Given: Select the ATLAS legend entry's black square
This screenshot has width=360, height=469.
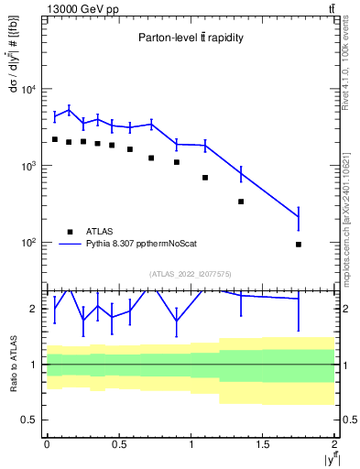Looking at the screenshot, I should pos(70,232).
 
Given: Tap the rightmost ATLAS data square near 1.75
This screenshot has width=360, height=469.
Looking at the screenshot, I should pos(299,245).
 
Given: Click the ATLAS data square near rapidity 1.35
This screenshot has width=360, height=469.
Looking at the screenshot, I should pos(241,202).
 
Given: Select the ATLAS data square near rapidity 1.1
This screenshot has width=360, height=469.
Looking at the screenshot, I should pos(205,178).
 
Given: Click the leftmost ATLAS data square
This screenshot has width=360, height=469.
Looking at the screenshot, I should pos(55,139).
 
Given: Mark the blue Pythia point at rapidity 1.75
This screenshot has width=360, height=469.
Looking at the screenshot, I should pos(299,217).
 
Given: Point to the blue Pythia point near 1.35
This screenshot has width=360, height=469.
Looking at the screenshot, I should pos(241,172).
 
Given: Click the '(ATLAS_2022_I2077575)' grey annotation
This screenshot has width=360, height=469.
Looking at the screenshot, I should pos(191,274).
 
